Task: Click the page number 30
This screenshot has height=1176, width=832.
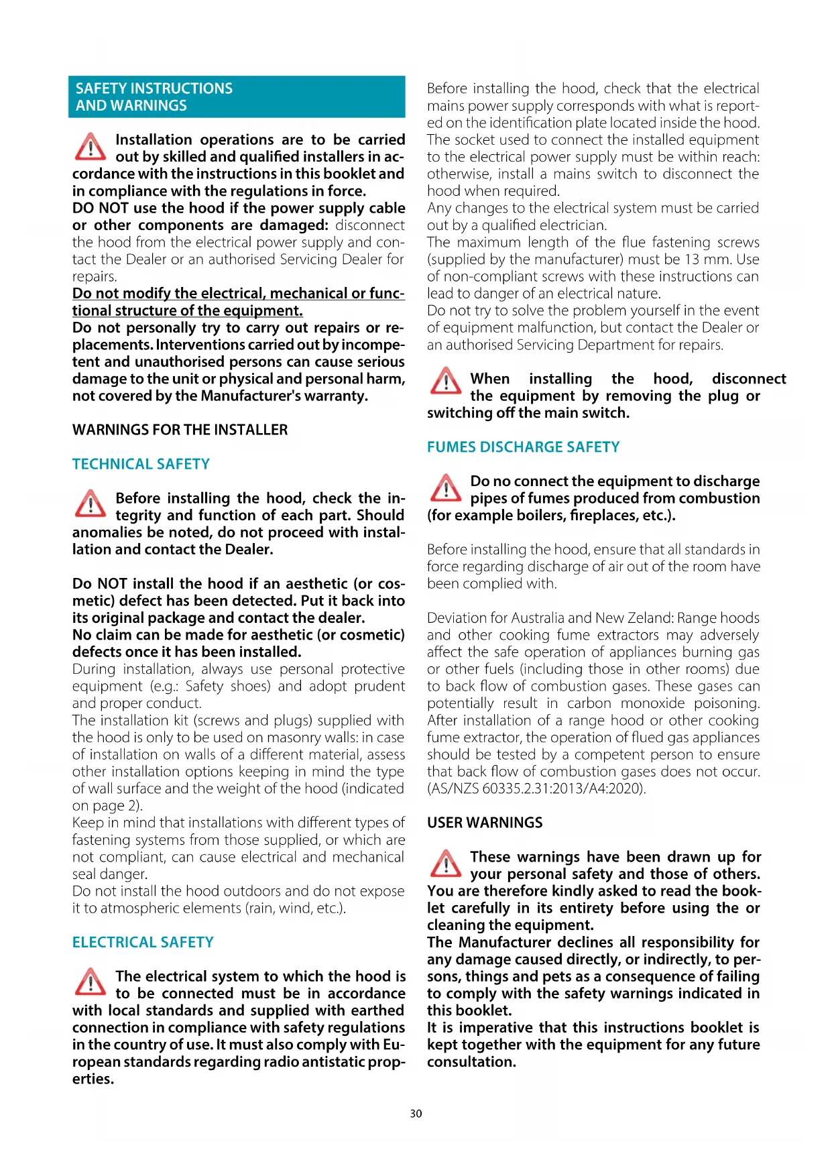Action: (416, 1114)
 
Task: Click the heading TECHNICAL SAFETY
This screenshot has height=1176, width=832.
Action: (141, 464)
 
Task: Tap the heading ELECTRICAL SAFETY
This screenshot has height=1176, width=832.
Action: (143, 942)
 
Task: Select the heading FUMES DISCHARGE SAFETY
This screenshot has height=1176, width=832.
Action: (523, 447)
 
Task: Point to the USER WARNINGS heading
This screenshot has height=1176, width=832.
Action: (485, 823)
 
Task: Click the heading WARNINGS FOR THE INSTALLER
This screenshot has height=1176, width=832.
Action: (180, 430)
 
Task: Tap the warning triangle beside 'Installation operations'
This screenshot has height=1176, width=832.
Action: (90, 147)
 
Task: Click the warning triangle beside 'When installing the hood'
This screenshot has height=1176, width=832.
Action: (445, 381)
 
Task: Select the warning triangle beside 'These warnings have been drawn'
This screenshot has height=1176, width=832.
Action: (445, 864)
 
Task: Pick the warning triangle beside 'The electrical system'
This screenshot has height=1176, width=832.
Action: (90, 983)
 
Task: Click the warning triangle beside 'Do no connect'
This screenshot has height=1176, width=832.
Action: (445, 488)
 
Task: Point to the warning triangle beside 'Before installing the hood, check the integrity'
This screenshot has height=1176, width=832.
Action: (90, 505)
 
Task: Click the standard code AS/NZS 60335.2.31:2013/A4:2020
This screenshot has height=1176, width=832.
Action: (537, 788)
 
